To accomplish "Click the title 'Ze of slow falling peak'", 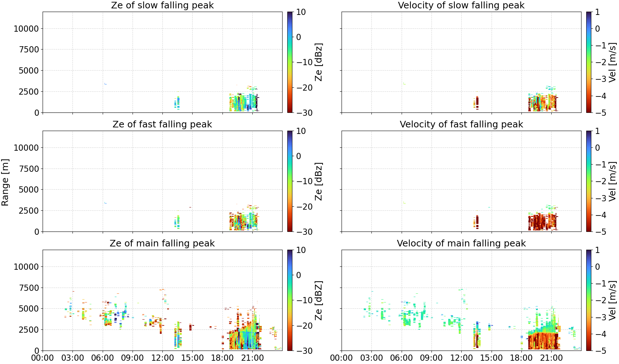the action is pyautogui.click(x=162, y=5).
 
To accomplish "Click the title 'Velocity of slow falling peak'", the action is pyautogui.click(x=461, y=5).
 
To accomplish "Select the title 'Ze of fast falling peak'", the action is pyautogui.click(x=162, y=124).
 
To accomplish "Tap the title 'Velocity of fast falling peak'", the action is pyautogui.click(x=461, y=124).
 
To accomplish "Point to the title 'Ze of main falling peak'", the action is pyautogui.click(x=162, y=244).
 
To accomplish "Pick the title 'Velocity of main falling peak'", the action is pyautogui.click(x=461, y=244).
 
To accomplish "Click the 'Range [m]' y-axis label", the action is pyautogui.click(x=5, y=182).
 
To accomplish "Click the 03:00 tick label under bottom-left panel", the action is pyautogui.click(x=73, y=358).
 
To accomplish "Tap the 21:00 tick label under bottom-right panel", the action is pyautogui.click(x=551, y=358).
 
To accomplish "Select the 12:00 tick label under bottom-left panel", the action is pyautogui.click(x=162, y=358).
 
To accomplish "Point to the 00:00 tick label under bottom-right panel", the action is pyautogui.click(x=342, y=358).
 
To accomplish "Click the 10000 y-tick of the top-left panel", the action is pyautogui.click(x=26, y=29).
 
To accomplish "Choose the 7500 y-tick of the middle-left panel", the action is pyautogui.click(x=29, y=169).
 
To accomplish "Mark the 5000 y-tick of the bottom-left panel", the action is pyautogui.click(x=29, y=309).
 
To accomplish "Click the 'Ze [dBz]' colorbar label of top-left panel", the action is pyautogui.click(x=319, y=62).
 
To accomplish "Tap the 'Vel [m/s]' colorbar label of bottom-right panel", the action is pyautogui.click(x=612, y=300).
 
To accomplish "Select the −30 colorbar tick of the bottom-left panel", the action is pyautogui.click(x=304, y=351).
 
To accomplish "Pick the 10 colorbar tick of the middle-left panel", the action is pyautogui.click(x=301, y=131).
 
